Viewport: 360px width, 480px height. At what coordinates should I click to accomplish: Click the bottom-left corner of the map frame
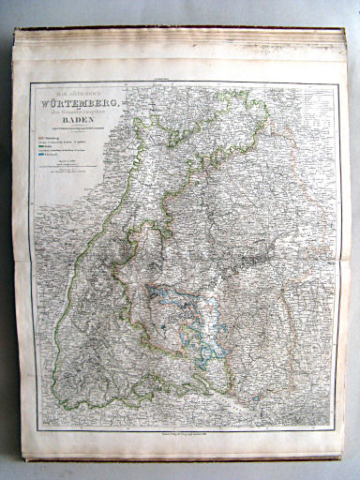tap(31, 429)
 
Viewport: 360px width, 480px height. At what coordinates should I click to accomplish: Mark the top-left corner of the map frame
tap(30, 83)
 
